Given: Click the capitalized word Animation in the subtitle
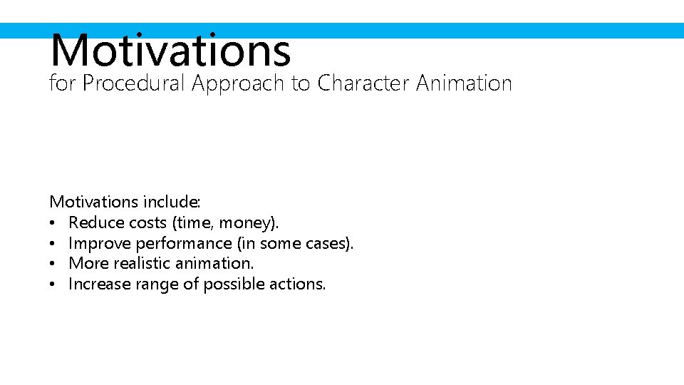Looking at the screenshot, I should tap(464, 83).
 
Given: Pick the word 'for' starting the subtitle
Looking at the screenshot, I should tap(62, 83).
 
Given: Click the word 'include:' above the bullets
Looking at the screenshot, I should tap(172, 202).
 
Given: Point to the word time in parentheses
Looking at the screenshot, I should tap(193, 223).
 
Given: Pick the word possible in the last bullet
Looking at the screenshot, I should tap(232, 284).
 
